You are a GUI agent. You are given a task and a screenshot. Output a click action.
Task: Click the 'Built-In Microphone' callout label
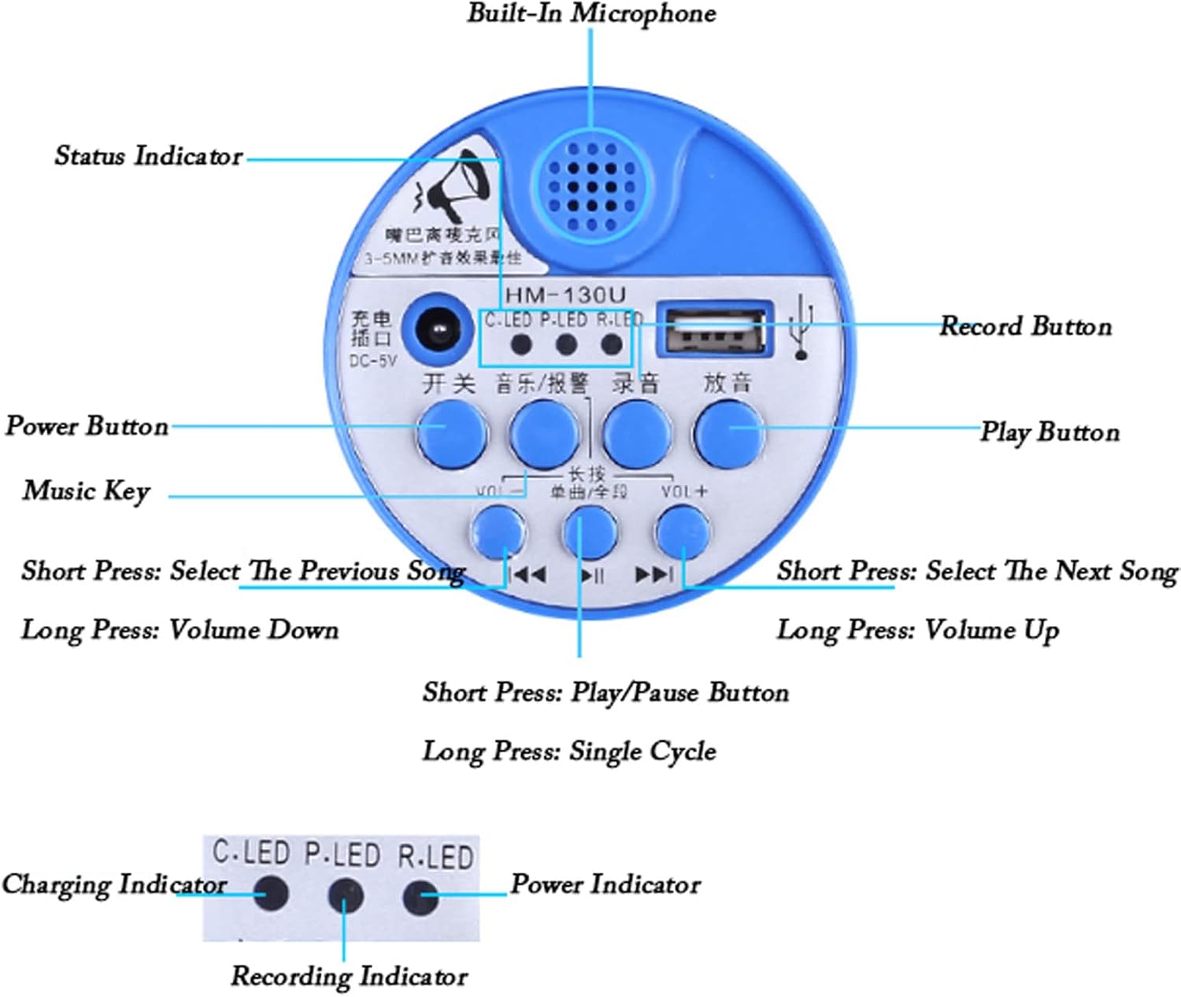(x=591, y=13)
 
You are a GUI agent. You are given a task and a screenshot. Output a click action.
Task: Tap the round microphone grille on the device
(x=591, y=187)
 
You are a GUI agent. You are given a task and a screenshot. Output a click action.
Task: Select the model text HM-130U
(x=565, y=295)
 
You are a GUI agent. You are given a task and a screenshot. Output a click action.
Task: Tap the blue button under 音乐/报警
(x=544, y=432)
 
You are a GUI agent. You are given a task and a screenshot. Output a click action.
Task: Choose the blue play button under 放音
(x=729, y=432)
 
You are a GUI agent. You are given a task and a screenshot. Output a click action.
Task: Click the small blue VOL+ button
(x=683, y=531)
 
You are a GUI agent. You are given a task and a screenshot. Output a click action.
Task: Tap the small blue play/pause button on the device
(x=590, y=532)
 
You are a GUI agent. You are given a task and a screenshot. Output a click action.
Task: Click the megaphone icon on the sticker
(x=456, y=189)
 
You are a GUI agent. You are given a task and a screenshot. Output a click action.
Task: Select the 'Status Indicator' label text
(x=148, y=156)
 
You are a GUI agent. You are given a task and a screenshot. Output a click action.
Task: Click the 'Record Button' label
(x=1025, y=326)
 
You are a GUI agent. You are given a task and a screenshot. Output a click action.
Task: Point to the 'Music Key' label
(x=86, y=491)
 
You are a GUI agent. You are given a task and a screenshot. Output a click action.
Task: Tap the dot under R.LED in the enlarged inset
(x=420, y=896)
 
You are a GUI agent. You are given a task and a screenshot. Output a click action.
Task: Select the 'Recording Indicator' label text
(x=349, y=977)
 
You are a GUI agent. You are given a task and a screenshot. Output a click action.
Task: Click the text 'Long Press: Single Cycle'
(x=569, y=751)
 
